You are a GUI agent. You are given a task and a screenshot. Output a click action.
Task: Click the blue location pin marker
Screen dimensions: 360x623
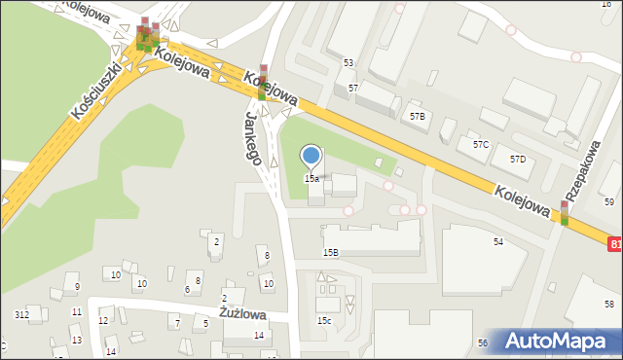pos(311,156)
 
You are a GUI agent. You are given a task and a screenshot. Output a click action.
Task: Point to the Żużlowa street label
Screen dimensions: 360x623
pos(242,313)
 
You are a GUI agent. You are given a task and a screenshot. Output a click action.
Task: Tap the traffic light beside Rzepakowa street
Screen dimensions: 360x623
pos(565,213)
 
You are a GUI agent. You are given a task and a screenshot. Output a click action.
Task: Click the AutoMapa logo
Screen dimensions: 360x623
pos(559,342)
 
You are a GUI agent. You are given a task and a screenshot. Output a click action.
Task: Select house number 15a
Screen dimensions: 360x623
pos(311,179)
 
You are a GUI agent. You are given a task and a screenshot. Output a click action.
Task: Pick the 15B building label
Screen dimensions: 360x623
pos(331,252)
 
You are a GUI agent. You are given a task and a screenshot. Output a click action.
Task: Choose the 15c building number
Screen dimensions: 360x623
pos(323,320)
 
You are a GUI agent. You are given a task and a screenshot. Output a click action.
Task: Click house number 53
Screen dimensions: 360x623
pos(348,62)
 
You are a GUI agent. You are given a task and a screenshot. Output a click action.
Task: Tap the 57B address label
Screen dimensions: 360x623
pos(417,116)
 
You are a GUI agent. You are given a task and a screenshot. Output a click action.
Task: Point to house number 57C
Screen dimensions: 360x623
pos(480,145)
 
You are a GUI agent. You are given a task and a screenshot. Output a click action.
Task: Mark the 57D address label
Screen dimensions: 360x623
pos(518,159)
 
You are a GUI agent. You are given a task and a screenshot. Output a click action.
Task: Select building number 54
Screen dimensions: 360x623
pos(498,241)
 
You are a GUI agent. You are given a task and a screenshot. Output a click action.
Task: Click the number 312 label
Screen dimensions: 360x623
pos(21,315)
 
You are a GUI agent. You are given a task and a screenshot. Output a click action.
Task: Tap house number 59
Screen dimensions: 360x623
pos(609,201)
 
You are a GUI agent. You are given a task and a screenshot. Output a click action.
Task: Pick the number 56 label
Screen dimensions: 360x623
pos(482,343)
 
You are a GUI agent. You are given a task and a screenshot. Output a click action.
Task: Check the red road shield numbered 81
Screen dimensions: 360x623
pos(616,243)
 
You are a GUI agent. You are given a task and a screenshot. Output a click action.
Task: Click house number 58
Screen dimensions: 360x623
pos(609,305)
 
